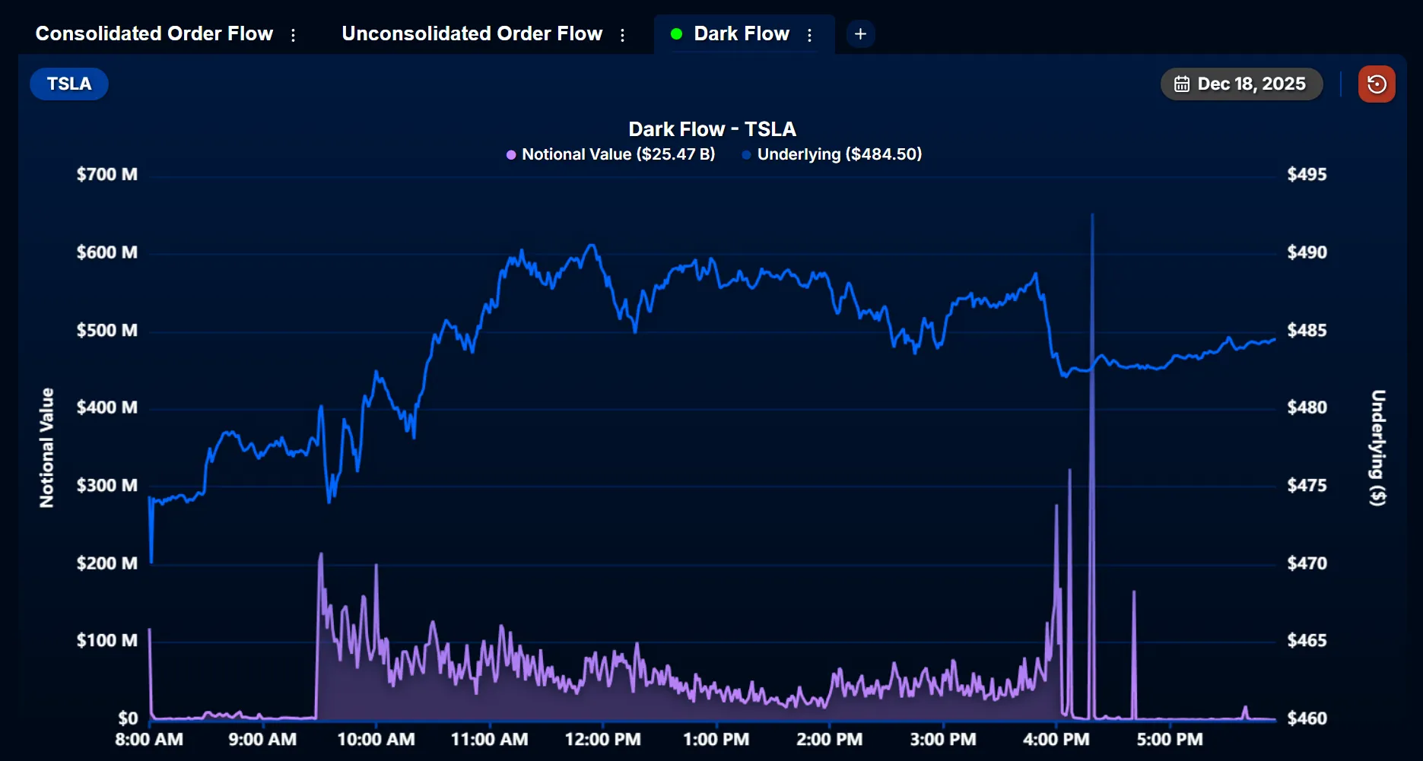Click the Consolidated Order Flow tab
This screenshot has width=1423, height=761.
click(154, 34)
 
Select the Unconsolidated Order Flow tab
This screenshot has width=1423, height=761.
click(472, 34)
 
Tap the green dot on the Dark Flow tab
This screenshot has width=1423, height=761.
click(676, 34)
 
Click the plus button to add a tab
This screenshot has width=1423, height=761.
click(860, 34)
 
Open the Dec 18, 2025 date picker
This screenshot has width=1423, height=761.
click(1241, 84)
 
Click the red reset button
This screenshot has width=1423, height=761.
click(1377, 84)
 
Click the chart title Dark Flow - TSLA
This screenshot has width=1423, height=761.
click(712, 129)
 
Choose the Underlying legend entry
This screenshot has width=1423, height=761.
click(832, 154)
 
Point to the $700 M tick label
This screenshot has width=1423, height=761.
click(107, 175)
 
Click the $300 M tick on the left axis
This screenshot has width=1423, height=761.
click(107, 486)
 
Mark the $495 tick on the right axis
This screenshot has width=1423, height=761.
click(1307, 175)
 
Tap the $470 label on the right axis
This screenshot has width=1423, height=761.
click(1307, 563)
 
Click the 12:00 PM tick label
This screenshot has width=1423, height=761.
click(602, 740)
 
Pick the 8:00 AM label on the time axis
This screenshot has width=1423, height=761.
click(149, 740)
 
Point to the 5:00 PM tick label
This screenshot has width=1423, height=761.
click(1170, 740)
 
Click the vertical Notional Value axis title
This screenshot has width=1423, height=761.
click(47, 448)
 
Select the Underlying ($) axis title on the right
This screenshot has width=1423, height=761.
click(1378, 448)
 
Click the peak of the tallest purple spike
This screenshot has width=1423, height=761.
click(1093, 215)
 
